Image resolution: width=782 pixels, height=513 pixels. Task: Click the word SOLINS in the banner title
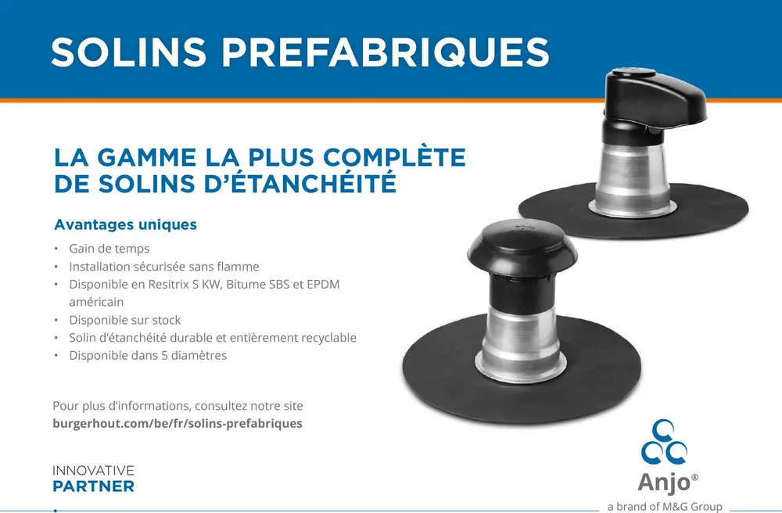pyautogui.click(x=129, y=52)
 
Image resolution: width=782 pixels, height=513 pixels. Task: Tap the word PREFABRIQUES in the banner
pyautogui.click(x=386, y=52)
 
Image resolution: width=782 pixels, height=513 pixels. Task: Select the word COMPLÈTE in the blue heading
pyautogui.click(x=394, y=156)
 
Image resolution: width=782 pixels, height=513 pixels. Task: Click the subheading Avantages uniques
pyautogui.click(x=125, y=224)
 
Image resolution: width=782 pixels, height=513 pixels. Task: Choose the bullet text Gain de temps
pyautogui.click(x=109, y=248)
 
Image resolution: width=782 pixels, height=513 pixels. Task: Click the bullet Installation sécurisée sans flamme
pyautogui.click(x=164, y=266)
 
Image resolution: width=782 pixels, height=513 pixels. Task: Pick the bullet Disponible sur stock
pyautogui.click(x=124, y=320)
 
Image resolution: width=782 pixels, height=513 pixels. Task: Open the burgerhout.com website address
pyautogui.click(x=178, y=423)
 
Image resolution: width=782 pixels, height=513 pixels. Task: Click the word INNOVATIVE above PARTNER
pyautogui.click(x=93, y=471)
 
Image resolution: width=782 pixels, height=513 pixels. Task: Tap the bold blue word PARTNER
pyautogui.click(x=93, y=486)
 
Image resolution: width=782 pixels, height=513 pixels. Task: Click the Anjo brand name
pyautogui.click(x=664, y=482)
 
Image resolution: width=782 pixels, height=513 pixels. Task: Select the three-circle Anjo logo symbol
pyautogui.click(x=664, y=442)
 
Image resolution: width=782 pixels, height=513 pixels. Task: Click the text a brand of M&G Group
pyautogui.click(x=665, y=507)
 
